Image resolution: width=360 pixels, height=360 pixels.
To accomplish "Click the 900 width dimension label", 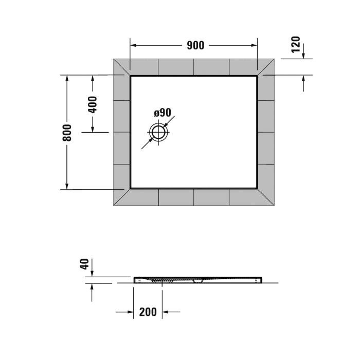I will tap(195, 45).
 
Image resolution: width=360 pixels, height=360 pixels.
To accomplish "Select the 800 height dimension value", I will tap(67, 133).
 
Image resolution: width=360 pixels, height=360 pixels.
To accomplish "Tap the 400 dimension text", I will tap(93, 104).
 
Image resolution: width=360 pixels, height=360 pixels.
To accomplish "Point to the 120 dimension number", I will tap(296, 45).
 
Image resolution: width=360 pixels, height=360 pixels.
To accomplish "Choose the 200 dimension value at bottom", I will tap(148, 312).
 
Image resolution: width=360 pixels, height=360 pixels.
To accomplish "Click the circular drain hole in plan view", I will tap(158, 133).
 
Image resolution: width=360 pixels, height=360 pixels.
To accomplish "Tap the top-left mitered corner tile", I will tap(121, 67).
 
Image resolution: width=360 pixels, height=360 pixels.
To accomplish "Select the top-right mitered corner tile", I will tap(266, 67).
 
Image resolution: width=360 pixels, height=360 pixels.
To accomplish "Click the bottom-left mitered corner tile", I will tap(121, 197).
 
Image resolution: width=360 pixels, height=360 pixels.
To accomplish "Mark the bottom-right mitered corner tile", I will tap(266, 197).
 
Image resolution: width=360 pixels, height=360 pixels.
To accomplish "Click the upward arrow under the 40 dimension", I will tap(92, 286).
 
